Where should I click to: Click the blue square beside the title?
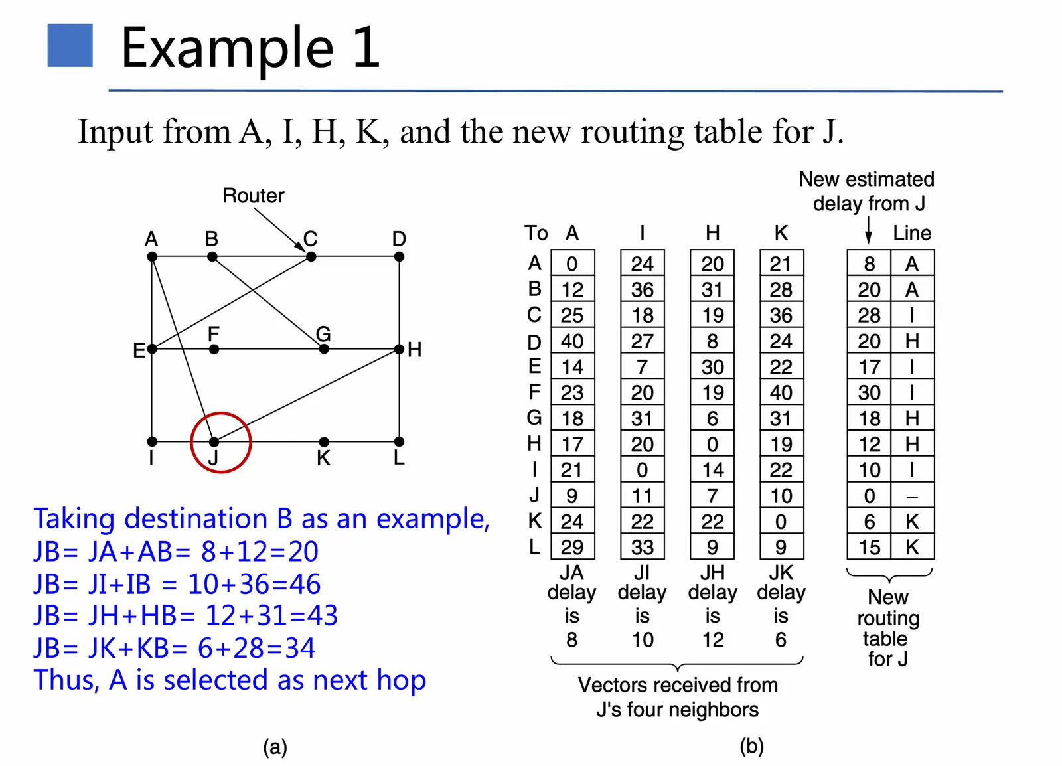pos(70,45)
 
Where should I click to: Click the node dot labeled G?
pos(324,349)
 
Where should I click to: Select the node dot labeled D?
pos(399,257)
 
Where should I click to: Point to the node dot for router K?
pos(324,442)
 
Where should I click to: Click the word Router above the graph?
pos(253,196)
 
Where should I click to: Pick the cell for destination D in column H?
pos(712,341)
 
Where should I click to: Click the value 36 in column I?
pos(642,290)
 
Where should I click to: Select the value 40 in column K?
pos(781,393)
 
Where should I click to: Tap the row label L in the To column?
pos(534,547)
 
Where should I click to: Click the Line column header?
pos(911,233)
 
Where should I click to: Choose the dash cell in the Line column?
pos(912,496)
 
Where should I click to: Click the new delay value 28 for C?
pos(869,315)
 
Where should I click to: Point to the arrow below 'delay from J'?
pos(868,232)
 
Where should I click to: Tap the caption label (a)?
pos(275,747)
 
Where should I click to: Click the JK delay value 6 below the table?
pos(781,640)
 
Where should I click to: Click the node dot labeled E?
pos(152,349)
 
